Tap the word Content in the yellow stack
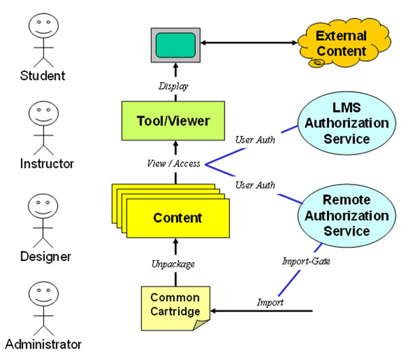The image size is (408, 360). point(177,218)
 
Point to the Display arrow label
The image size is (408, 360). point(174,86)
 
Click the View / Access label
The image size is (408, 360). point(173,164)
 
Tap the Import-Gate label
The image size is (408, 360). point(306,260)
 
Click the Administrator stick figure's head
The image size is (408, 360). point(41,295)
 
